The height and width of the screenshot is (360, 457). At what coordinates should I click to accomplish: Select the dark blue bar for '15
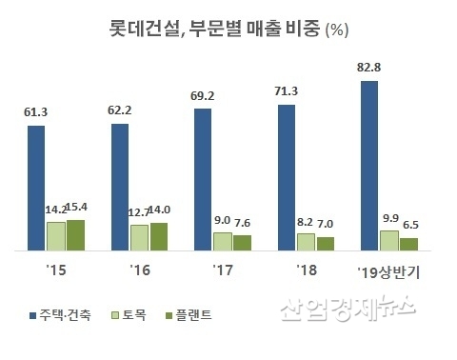pyautogui.click(x=36, y=187)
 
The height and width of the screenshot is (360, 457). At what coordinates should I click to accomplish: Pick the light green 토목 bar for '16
pyautogui.click(x=139, y=237)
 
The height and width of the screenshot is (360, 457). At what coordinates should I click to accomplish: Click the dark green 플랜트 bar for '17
pyautogui.click(x=242, y=242)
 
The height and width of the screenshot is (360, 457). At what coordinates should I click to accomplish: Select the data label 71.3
pyautogui.click(x=287, y=91)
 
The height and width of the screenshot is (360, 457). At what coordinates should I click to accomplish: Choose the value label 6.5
pyautogui.click(x=411, y=225)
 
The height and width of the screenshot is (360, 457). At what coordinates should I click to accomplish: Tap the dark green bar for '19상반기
pyautogui.click(x=408, y=244)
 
